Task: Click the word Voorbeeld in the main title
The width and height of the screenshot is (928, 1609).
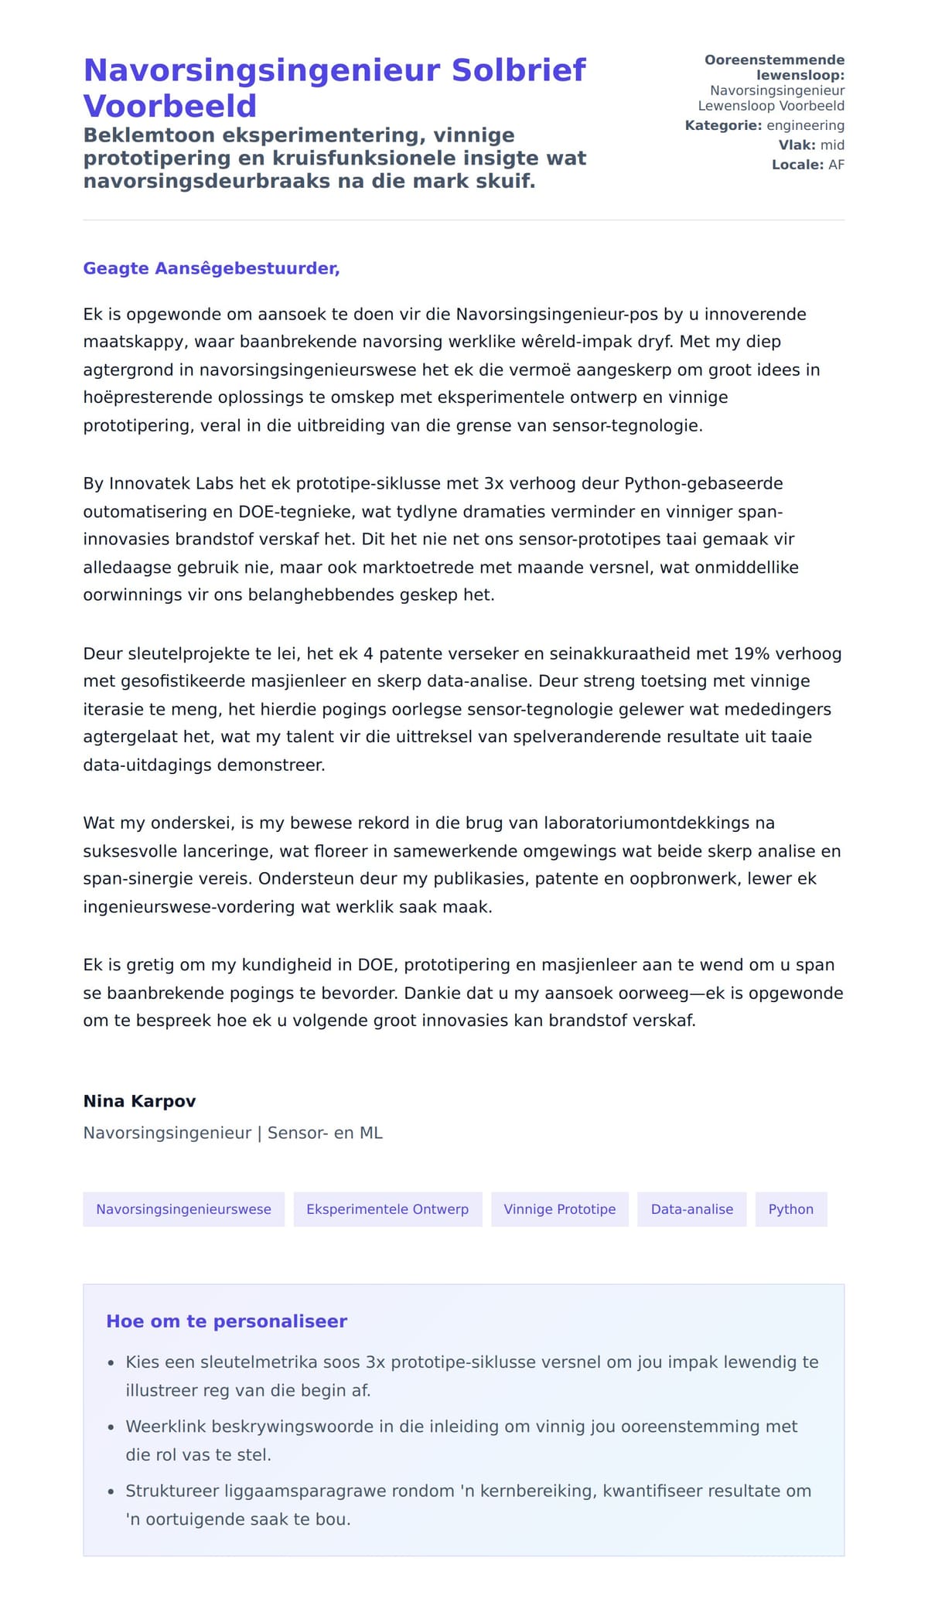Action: tap(169, 106)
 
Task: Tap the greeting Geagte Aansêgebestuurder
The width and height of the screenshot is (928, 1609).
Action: tap(211, 268)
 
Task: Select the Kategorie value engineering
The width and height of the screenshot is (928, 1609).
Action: tap(805, 125)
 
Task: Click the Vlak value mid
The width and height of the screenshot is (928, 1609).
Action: tap(832, 145)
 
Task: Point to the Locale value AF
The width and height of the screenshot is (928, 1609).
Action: tap(836, 165)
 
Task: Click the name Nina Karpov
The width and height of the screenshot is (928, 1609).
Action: tap(139, 1101)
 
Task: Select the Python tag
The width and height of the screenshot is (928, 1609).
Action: tap(790, 1209)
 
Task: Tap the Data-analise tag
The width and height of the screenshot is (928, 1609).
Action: tap(691, 1209)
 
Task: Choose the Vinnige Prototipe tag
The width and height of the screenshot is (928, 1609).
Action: tap(559, 1209)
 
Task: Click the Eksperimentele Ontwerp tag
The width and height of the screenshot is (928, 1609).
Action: tap(387, 1209)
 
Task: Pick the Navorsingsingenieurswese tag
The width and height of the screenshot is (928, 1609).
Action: tap(183, 1209)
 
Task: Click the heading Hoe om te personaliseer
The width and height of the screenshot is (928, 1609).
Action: tap(227, 1321)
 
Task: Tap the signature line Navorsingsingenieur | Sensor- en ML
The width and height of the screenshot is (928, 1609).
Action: tap(233, 1133)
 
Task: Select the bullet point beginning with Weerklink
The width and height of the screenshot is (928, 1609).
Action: tap(461, 1427)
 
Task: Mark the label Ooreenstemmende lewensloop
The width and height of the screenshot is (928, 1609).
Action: tap(774, 67)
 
